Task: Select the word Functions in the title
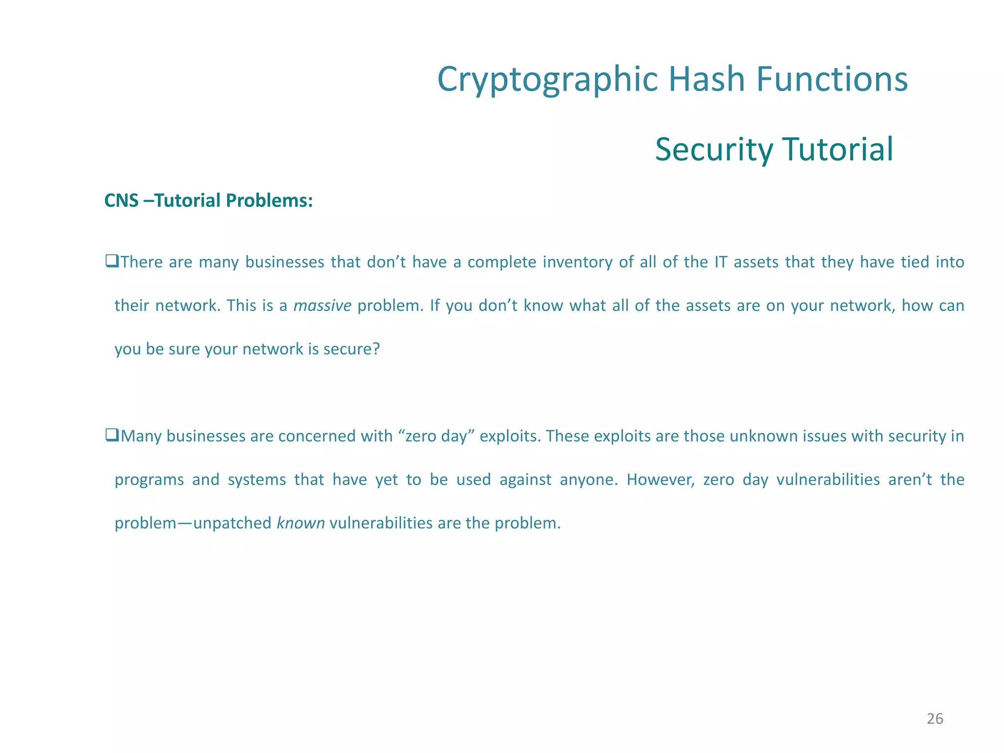[x=832, y=79]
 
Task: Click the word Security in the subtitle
[x=713, y=150]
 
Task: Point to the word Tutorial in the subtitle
[x=838, y=150]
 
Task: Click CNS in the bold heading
[x=122, y=201]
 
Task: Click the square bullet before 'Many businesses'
[x=111, y=435]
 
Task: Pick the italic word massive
[x=322, y=306]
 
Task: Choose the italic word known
[x=301, y=523]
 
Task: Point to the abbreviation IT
[x=721, y=262]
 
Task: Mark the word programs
[x=149, y=480]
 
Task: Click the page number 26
[x=935, y=719]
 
